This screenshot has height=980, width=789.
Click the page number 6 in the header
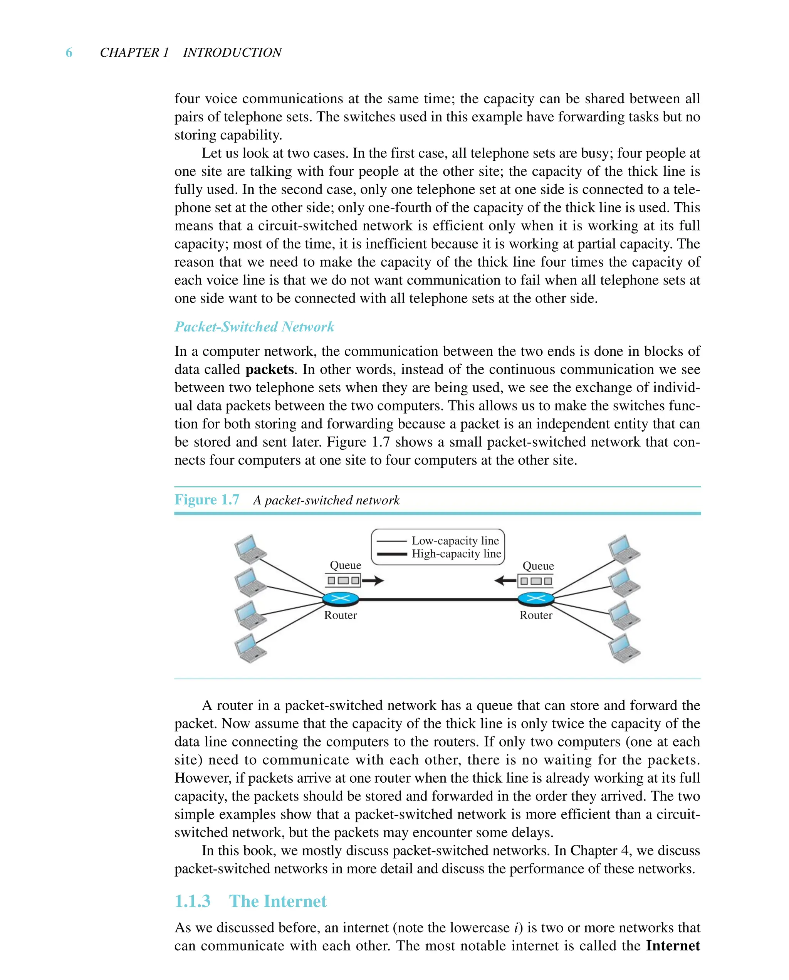coord(69,53)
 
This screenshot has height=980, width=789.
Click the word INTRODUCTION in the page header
coord(232,53)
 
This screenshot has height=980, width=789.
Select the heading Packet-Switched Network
coord(254,327)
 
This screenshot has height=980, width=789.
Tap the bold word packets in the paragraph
coord(270,370)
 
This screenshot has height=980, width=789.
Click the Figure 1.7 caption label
coord(207,499)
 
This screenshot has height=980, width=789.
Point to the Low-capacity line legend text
coord(455,540)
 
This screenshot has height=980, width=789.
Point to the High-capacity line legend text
coord(456,554)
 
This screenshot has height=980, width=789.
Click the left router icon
coord(341,599)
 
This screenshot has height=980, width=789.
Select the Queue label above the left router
coord(346,565)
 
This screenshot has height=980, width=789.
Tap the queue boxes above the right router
coord(536,581)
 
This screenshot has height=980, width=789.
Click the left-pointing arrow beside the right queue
coord(505,580)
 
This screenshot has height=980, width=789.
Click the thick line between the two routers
coord(438,600)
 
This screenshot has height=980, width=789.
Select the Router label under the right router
coord(536,615)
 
